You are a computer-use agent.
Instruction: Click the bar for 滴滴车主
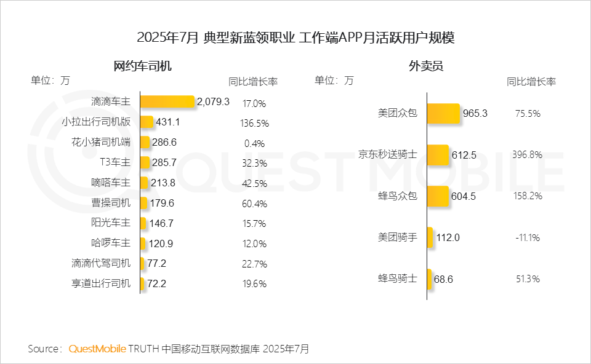(x=167, y=102)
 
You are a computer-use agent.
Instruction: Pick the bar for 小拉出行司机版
(x=147, y=122)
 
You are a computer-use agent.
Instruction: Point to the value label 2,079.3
(x=213, y=102)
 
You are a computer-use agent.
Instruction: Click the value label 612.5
(x=464, y=155)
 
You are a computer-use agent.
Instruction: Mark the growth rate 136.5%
(x=254, y=123)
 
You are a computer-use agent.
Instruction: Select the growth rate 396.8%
(x=527, y=155)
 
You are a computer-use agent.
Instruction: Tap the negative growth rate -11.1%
(x=527, y=237)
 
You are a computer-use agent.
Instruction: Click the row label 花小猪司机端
(x=101, y=143)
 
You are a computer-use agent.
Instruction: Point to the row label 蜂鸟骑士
(x=397, y=279)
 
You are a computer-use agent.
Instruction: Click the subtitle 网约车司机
(x=143, y=66)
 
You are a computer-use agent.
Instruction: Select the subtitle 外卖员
(x=426, y=66)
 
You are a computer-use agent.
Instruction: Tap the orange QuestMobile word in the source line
(x=97, y=349)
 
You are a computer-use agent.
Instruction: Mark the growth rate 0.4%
(x=254, y=143)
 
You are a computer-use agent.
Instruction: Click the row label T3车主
(x=115, y=162)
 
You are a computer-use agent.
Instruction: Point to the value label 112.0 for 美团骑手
(x=448, y=237)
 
